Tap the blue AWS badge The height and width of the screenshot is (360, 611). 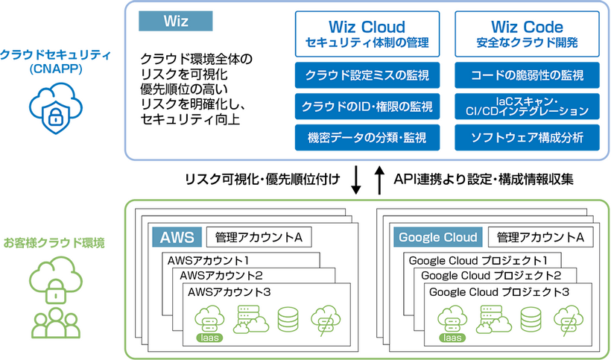pyautogui.click(x=177, y=238)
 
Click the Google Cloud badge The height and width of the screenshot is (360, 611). pyautogui.click(x=437, y=238)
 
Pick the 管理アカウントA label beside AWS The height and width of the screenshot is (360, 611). pyautogui.click(x=258, y=238)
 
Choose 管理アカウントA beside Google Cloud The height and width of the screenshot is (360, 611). pyautogui.click(x=539, y=238)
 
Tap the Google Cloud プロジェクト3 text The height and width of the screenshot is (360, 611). pyautogui.click(x=499, y=291)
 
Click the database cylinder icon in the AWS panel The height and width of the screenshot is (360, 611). pyautogui.click(x=287, y=319)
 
